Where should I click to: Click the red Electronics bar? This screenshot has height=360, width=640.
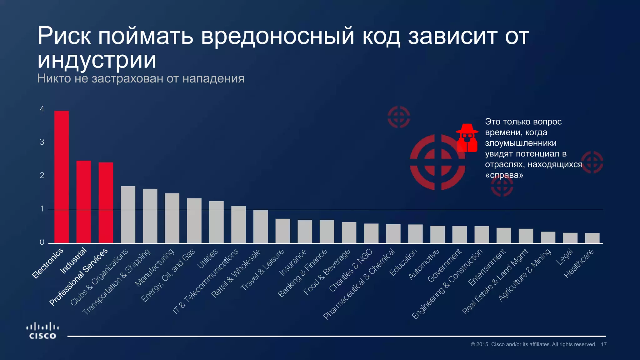click(x=62, y=177)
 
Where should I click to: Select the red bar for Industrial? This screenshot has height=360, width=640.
click(x=84, y=202)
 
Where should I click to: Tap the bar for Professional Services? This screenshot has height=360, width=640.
click(x=106, y=202)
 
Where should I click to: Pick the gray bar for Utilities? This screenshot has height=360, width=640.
click(x=216, y=222)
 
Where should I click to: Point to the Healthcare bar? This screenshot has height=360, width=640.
click(x=592, y=238)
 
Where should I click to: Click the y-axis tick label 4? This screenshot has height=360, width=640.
click(x=42, y=109)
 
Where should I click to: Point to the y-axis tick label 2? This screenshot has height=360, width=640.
click(x=42, y=175)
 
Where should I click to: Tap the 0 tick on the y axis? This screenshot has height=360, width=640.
click(x=42, y=242)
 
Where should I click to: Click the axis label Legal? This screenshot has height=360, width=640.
click(x=565, y=257)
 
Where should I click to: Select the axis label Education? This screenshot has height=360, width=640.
click(x=403, y=262)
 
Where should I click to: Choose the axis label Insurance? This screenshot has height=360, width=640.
click(x=293, y=262)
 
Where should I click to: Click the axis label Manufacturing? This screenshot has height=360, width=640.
click(x=154, y=267)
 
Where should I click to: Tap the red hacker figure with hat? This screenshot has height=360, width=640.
click(x=467, y=138)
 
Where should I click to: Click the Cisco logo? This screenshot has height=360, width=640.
click(x=42, y=331)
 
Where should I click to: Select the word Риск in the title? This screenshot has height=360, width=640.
click(x=64, y=36)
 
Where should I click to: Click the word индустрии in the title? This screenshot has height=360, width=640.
click(x=97, y=60)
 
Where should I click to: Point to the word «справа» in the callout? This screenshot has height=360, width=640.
click(x=504, y=175)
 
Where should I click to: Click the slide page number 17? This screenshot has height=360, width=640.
click(x=604, y=344)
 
